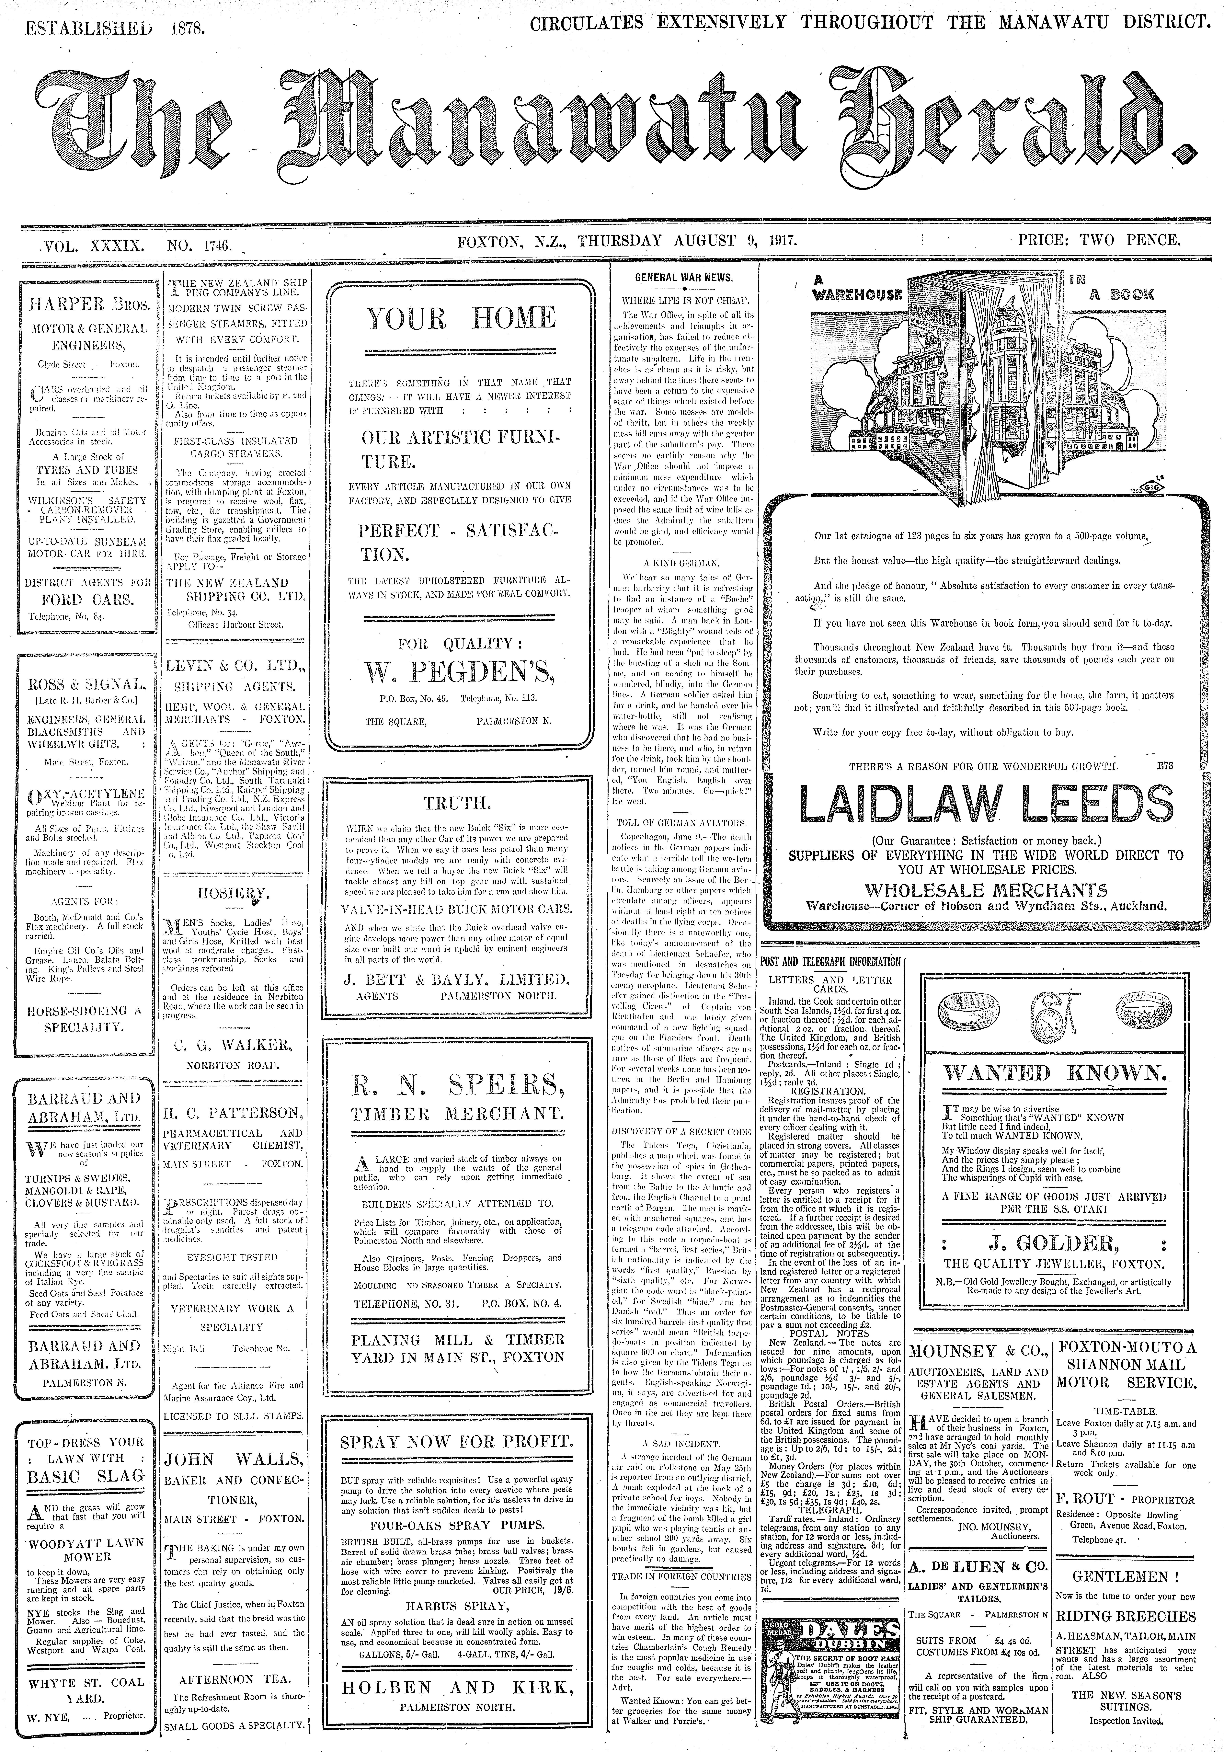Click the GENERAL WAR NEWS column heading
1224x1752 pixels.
tap(683, 278)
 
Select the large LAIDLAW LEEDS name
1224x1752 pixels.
tap(985, 804)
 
